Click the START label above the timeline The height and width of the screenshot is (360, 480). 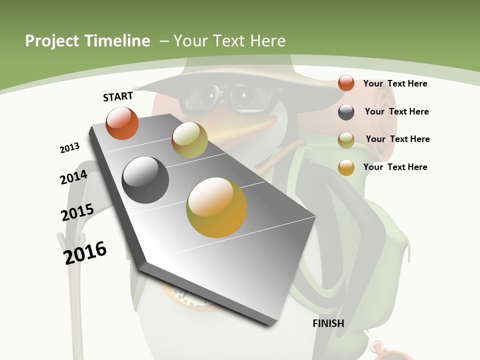coord(118,96)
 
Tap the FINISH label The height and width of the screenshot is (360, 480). coord(328,323)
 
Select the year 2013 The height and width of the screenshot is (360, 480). coord(70,148)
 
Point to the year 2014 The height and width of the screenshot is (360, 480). coord(74,177)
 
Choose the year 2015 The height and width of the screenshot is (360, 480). coord(77,212)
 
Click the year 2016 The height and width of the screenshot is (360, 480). coord(85,253)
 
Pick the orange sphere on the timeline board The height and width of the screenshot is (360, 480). coord(122,123)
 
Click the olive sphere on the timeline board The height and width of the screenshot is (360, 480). coord(189,140)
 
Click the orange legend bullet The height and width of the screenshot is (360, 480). coord(346,83)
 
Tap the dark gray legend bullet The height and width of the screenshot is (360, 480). coord(346,112)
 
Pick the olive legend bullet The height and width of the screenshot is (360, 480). coord(346,140)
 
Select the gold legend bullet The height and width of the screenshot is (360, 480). coord(346,167)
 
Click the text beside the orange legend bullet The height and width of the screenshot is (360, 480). coord(395,83)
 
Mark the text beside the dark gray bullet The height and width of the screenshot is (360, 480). coord(396,111)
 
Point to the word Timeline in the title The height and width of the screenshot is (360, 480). coord(118,41)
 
